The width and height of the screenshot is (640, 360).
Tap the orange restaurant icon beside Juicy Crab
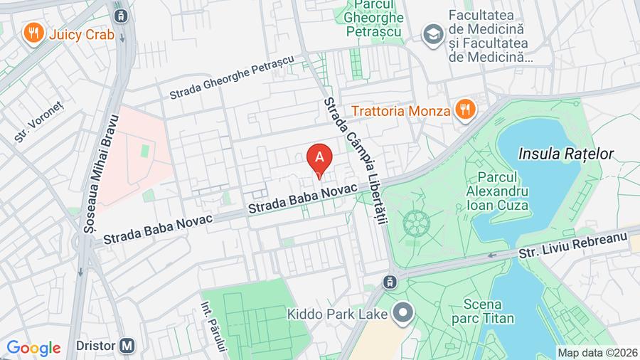click(x=31, y=32)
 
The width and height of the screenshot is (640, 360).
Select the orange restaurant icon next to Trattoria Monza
click(x=465, y=110)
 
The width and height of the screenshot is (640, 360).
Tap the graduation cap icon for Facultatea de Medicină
click(x=431, y=33)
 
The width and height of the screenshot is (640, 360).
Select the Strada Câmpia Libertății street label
click(x=355, y=161)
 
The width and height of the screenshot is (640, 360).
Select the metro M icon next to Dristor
click(x=128, y=346)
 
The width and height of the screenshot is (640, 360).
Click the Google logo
click(x=33, y=348)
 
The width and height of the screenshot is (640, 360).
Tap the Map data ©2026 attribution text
click(x=597, y=352)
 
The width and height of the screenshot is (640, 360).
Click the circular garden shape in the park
click(x=415, y=224)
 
